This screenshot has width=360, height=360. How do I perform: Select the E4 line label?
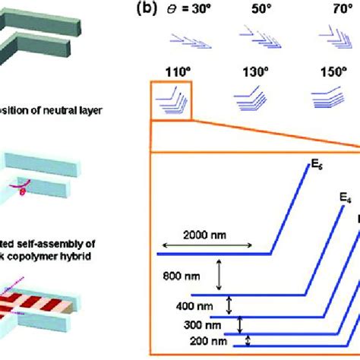[345, 197]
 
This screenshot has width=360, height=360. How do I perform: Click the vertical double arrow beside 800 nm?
[219, 273]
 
